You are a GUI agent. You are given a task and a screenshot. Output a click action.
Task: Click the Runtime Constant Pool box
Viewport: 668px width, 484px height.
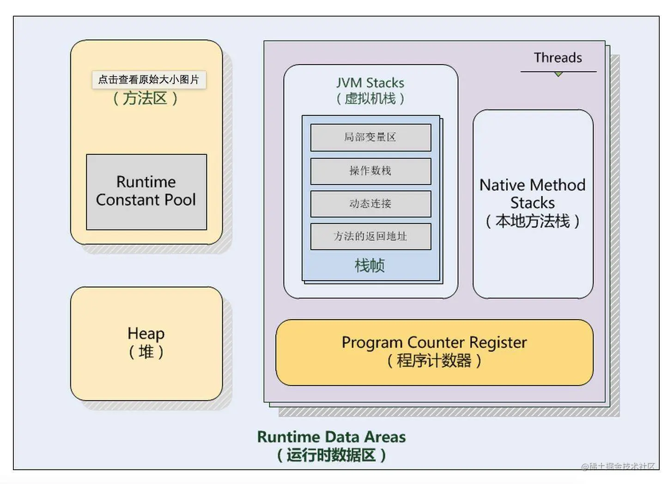[146, 192]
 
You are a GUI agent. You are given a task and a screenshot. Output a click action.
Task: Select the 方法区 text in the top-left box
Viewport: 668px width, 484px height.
[145, 98]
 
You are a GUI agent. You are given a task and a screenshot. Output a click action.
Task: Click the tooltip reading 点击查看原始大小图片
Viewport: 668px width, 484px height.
[149, 79]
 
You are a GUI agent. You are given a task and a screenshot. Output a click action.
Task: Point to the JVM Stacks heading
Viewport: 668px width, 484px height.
[370, 83]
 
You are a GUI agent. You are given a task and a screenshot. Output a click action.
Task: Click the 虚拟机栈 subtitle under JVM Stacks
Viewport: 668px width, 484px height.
[370, 98]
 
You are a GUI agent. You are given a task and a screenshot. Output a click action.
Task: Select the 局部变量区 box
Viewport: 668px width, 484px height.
[370, 137]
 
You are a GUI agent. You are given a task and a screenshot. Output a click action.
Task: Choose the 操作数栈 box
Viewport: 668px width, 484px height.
[370, 171]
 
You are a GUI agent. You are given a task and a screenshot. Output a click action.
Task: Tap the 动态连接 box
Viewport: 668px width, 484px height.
[370, 204]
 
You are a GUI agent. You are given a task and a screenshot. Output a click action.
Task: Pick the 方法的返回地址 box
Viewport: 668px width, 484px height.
[370, 236]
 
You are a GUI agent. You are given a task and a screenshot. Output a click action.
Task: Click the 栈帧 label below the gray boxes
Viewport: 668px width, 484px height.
[370, 266]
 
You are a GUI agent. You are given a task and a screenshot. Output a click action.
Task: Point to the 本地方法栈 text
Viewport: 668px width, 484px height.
[532, 221]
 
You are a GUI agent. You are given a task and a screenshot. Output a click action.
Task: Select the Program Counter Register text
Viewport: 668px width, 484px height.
[434, 343]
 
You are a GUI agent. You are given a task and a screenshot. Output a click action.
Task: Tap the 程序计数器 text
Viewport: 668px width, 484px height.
[434, 360]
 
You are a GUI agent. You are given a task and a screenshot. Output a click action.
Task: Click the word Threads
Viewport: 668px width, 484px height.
[558, 58]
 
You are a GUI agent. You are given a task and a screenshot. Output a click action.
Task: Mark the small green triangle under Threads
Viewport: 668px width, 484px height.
[559, 74]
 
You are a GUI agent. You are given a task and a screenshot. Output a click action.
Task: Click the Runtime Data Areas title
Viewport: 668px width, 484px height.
[331, 437]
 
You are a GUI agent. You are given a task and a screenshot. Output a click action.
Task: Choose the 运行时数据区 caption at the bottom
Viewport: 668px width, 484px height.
[331, 455]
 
